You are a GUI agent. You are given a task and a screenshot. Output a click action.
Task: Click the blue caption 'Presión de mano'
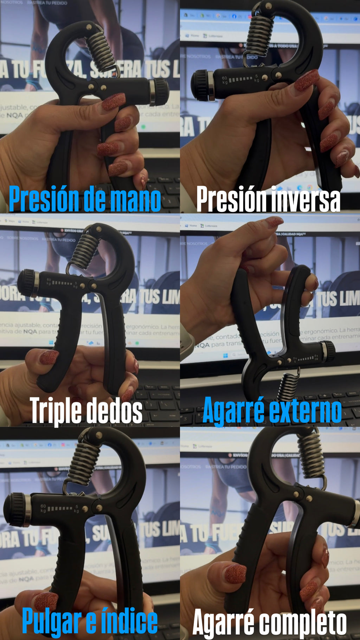tap(85, 199)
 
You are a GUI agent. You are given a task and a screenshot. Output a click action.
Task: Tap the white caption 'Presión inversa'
tap(268, 199)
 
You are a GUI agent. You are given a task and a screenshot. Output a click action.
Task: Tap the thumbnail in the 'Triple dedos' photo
tap(49, 357)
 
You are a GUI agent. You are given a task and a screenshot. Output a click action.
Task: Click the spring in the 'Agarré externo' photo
tap(288, 387)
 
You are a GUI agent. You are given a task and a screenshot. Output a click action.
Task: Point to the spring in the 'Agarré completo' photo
tap(311, 455)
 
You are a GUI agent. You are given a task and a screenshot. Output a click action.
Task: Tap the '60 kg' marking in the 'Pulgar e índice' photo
tap(43, 508)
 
